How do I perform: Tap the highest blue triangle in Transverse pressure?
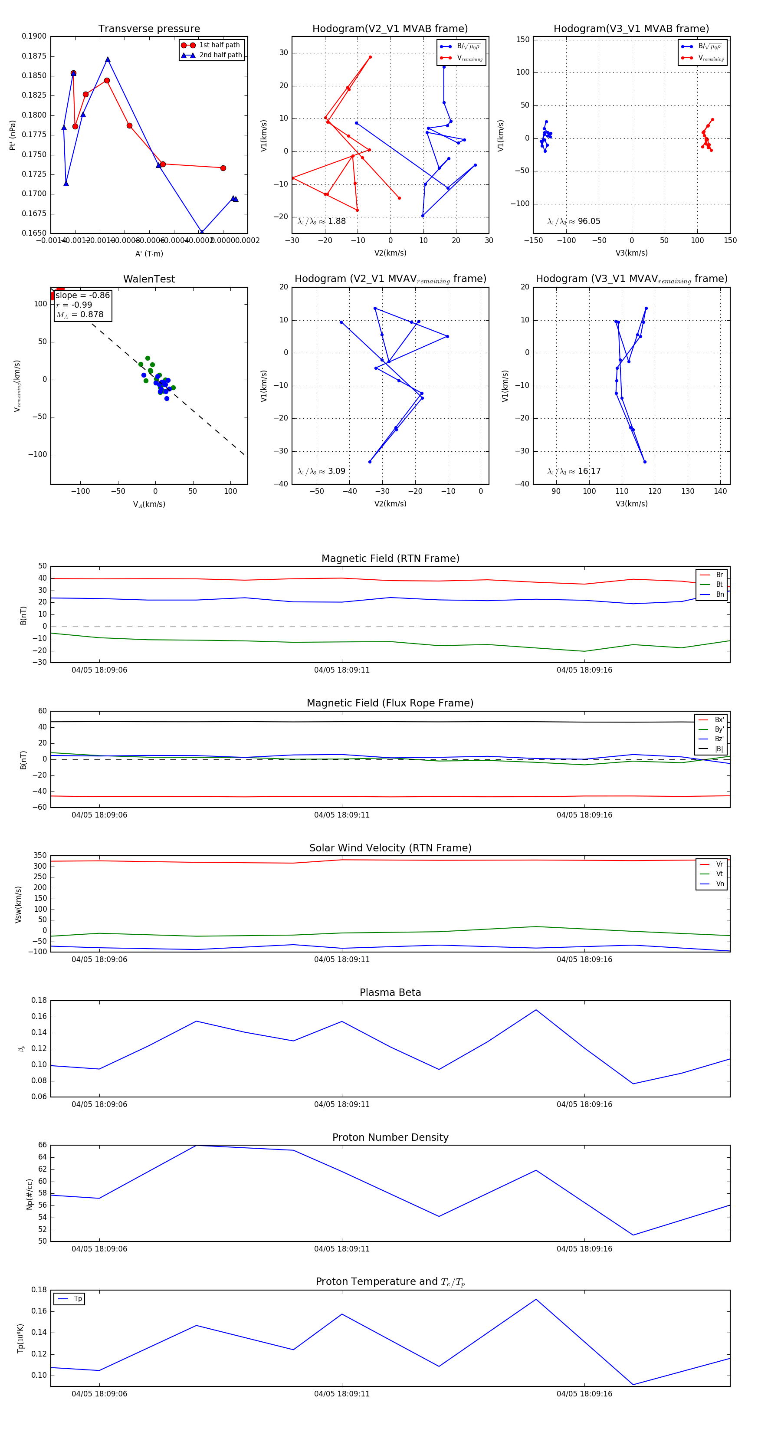point(108,59)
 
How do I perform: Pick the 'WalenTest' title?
point(149,279)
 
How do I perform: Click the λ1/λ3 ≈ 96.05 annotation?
point(574,221)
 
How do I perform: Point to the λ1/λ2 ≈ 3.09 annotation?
point(321,471)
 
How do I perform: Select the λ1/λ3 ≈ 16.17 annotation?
point(574,471)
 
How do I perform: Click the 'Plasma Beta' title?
point(390,993)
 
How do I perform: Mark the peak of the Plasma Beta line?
point(536,1010)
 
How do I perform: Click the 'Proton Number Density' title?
point(390,1137)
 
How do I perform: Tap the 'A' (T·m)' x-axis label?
point(149,254)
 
